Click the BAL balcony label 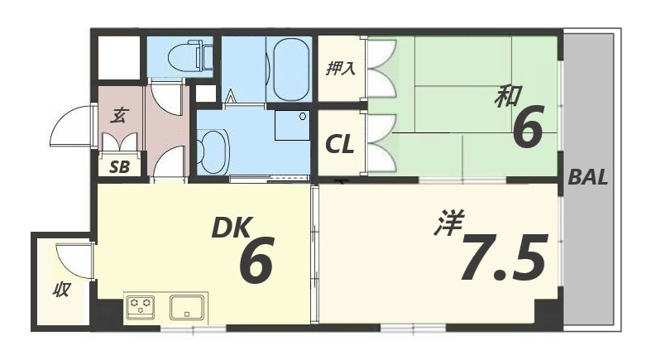click(x=588, y=177)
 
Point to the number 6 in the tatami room click(x=528, y=129)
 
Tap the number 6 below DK click(x=256, y=262)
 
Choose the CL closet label click(x=339, y=145)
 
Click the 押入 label click(x=340, y=67)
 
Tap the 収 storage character click(x=61, y=290)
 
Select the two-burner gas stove click(x=141, y=306)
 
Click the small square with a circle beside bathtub click(x=292, y=127)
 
